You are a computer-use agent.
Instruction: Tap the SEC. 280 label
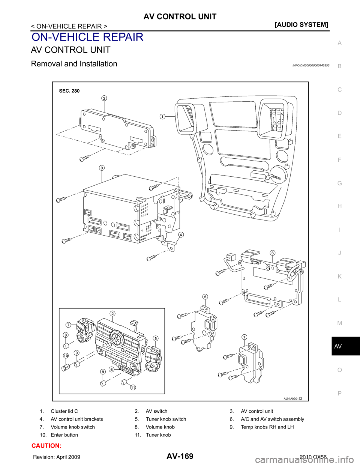[x=69, y=90]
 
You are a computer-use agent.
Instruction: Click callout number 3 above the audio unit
[x=101, y=167]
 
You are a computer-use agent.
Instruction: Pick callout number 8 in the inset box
[x=66, y=335]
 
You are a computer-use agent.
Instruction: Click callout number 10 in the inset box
[x=66, y=355]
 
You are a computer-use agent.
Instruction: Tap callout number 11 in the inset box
[x=132, y=388]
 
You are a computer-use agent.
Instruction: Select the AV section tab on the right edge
[x=338, y=347]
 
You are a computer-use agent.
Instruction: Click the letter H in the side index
[x=339, y=206]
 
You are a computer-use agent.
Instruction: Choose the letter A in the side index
[x=339, y=44]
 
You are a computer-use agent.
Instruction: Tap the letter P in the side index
[x=339, y=394]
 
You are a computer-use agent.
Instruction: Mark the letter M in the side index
[x=339, y=323]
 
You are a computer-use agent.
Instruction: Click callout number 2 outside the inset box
[x=104, y=98]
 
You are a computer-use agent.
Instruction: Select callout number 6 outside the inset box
[x=272, y=252]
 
